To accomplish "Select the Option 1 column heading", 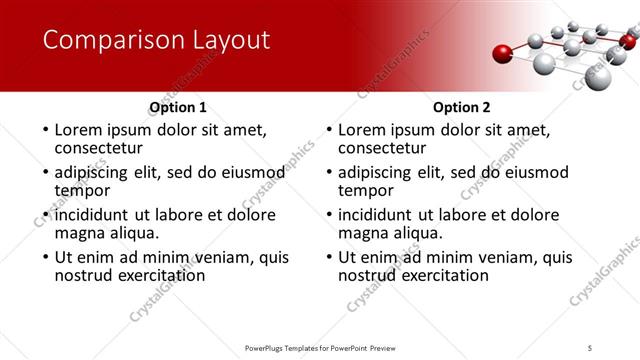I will pyautogui.click(x=178, y=107).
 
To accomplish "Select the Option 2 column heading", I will pyautogui.click(x=462, y=107).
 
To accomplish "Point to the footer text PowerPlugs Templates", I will pyautogui.click(x=290, y=348).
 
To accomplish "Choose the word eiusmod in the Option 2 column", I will pyautogui.click(x=535, y=172).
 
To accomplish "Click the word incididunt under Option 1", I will pyautogui.click(x=94, y=215).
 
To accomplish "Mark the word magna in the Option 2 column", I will pyautogui.click(x=363, y=233).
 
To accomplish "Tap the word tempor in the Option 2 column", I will pyautogui.click(x=365, y=190).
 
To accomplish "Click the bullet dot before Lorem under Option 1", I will pyautogui.click(x=43, y=130).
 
